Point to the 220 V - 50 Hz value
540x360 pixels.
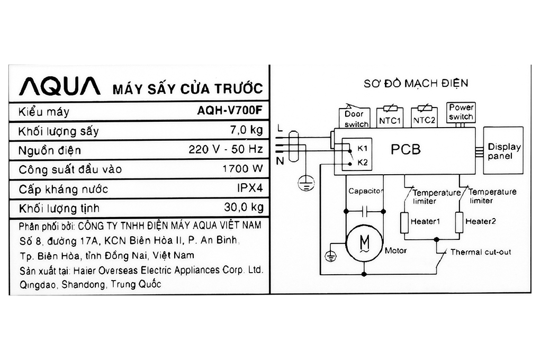pos(226,150)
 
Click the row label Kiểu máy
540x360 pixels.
pos(43,112)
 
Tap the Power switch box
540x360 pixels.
pos(460,113)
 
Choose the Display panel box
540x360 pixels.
pos(503,151)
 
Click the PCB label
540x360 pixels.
pos(406,149)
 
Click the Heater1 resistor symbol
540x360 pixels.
pos(404,222)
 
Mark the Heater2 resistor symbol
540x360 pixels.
pos(459,222)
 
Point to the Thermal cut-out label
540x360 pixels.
pos(481,252)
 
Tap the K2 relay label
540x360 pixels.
pos(363,162)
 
